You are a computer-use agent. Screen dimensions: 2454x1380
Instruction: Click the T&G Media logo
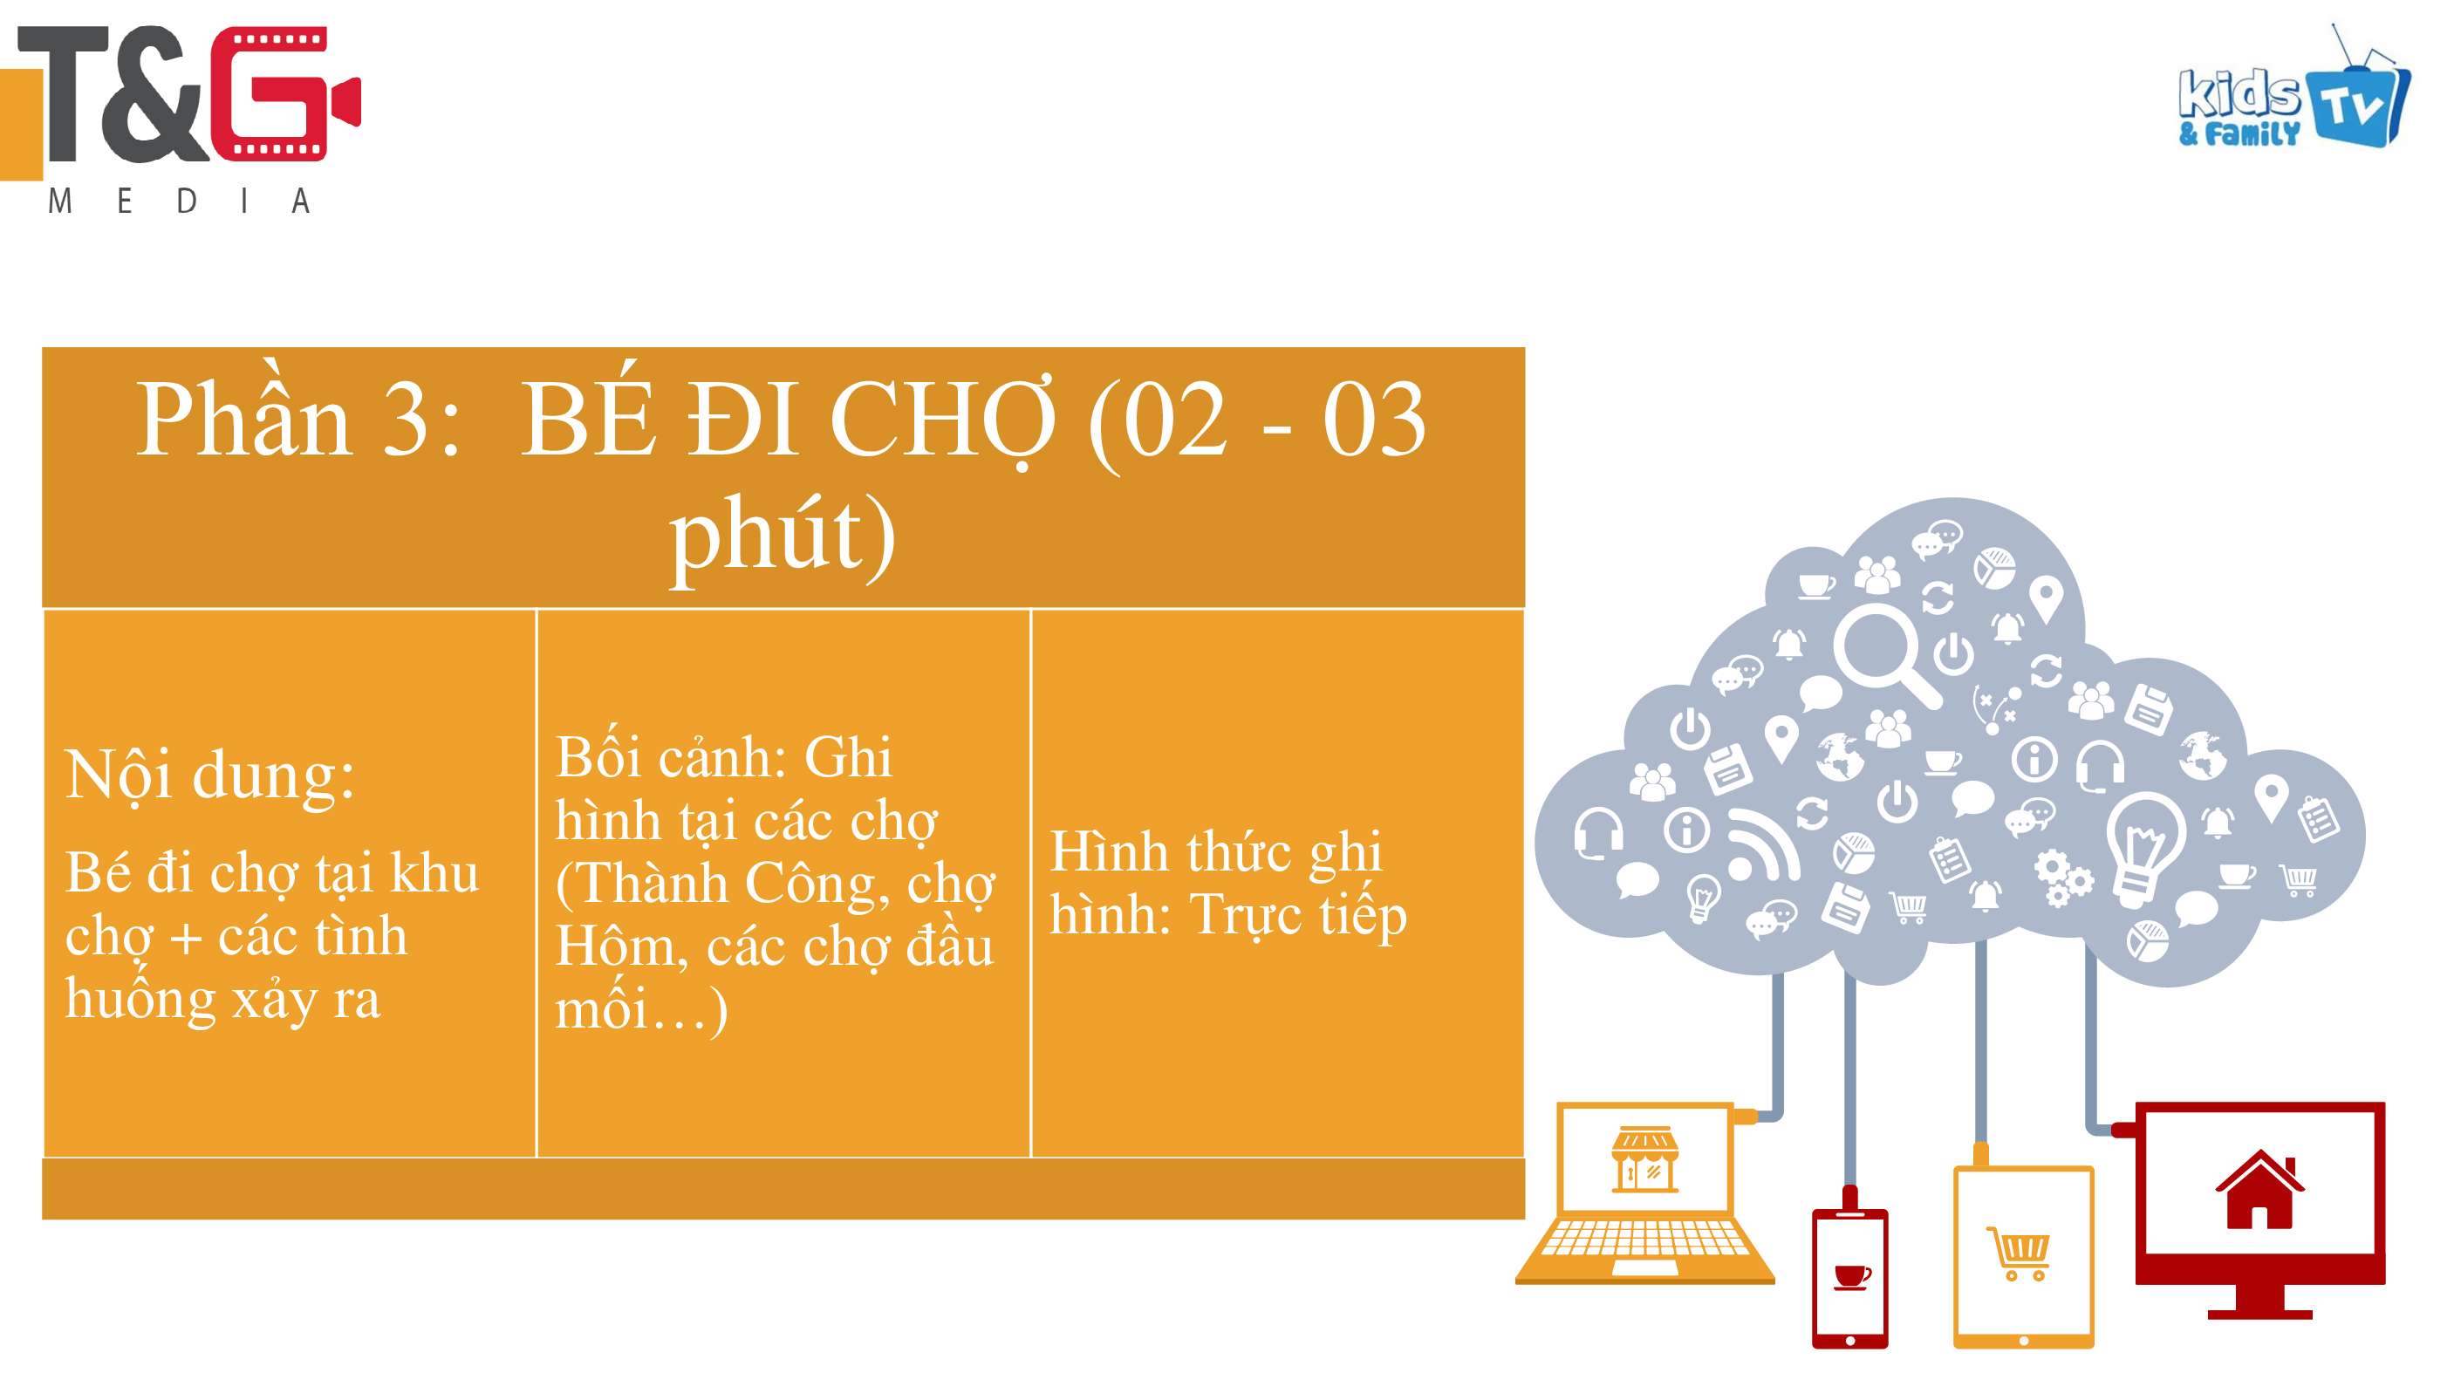(x=181, y=119)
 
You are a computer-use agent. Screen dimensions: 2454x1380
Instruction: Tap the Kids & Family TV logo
(x=2294, y=87)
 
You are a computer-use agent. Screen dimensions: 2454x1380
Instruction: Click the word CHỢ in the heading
(x=943, y=419)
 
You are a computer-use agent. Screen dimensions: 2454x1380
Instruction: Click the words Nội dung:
(x=209, y=774)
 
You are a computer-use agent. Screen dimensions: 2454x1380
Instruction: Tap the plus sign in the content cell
(x=186, y=937)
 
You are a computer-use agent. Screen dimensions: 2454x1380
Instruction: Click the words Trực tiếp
(x=1298, y=915)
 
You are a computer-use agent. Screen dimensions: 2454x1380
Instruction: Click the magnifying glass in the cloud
(x=1887, y=656)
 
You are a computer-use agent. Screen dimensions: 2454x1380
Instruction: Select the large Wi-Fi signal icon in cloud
(x=1763, y=844)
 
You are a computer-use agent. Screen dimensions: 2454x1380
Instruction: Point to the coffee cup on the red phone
(x=1851, y=1276)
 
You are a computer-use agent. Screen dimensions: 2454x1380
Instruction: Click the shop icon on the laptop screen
(x=1645, y=1159)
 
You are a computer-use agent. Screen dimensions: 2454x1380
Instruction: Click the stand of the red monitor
(x=2259, y=1301)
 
